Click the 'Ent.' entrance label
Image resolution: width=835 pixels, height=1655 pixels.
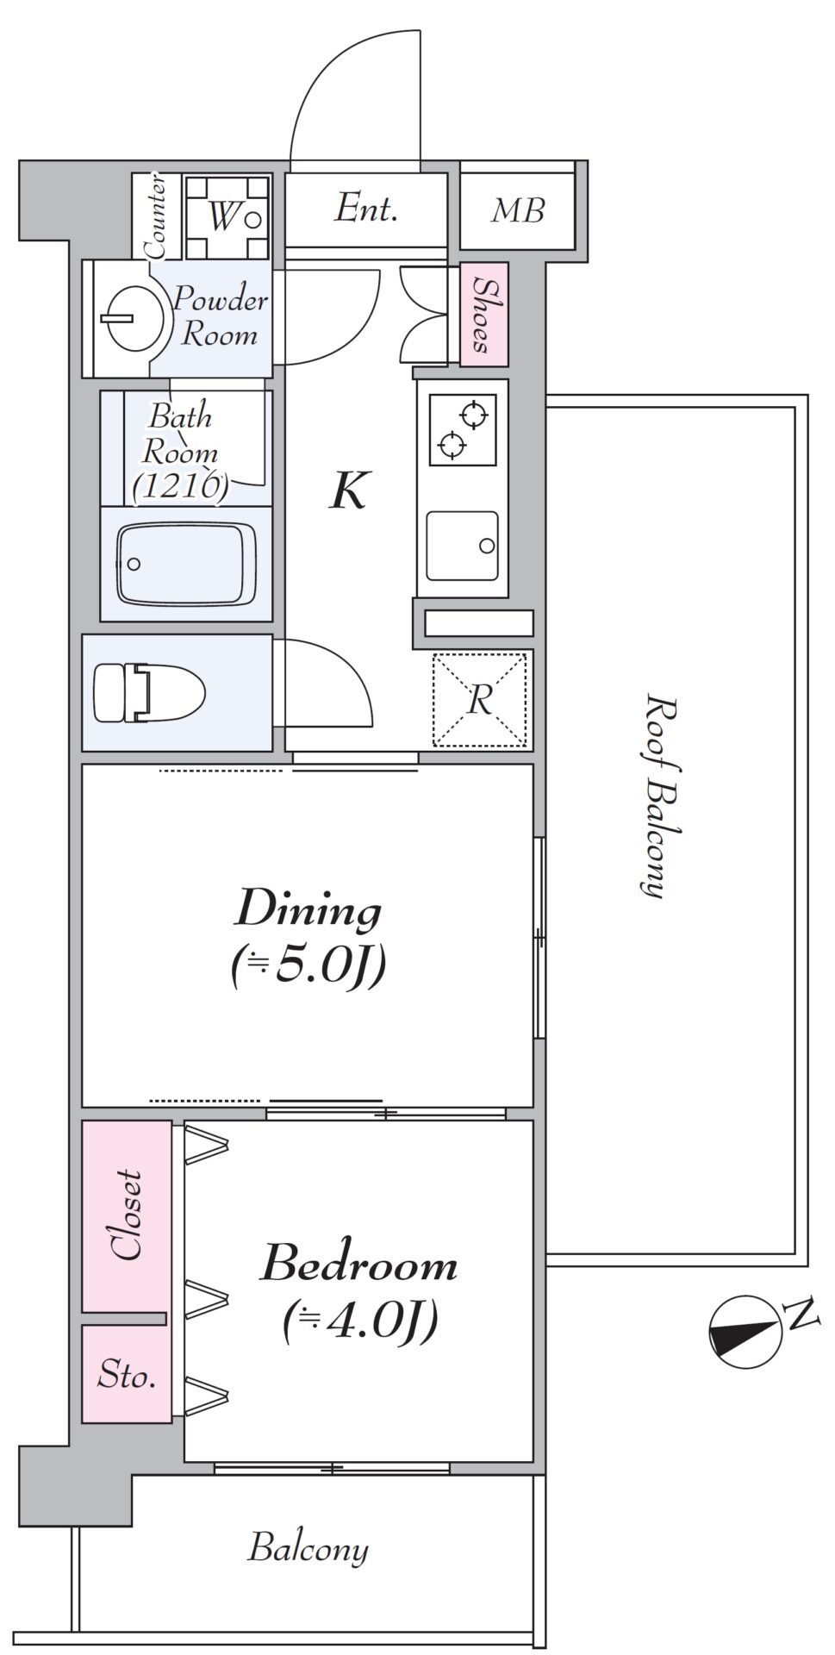pos(366,209)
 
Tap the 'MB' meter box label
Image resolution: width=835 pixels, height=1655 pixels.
pos(518,210)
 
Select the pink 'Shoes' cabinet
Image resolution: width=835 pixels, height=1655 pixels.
pos(484,314)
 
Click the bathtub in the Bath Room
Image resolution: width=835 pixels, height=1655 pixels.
pos(185,563)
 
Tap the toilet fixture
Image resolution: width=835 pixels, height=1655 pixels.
pos(148,692)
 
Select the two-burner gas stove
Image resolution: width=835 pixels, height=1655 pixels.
pos(464,429)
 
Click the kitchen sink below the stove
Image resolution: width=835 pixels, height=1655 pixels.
pos(464,546)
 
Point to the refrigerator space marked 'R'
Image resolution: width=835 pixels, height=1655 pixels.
pos(479,699)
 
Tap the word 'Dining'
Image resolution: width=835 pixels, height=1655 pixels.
pos(308,911)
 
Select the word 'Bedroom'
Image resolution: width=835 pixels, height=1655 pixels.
pos(359,1264)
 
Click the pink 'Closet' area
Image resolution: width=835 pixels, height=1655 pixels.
pos(127,1216)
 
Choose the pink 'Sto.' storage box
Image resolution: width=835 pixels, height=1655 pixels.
pos(127,1374)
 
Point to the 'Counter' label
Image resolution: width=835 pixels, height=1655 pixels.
pos(156,216)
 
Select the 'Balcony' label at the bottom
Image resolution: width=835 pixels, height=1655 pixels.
pos(308,1548)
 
